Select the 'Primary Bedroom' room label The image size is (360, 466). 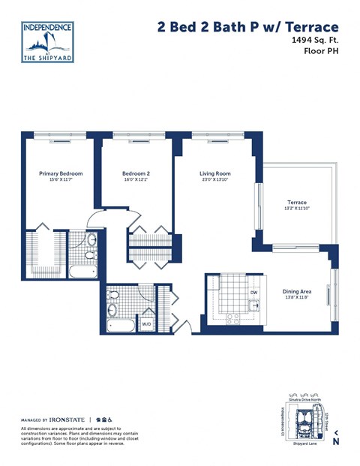point(61,173)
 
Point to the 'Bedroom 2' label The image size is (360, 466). point(136,173)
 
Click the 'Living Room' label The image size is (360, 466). point(214,173)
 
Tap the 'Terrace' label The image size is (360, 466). point(298,203)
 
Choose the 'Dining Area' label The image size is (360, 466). point(295,291)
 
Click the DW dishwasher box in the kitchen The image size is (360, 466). point(253,292)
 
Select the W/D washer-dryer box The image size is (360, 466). point(146,324)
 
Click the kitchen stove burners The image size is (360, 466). point(232,317)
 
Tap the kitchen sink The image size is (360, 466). point(255,305)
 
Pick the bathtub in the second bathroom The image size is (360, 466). point(119,326)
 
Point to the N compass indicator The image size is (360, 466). point(337,441)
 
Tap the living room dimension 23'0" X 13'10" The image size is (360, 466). point(214,180)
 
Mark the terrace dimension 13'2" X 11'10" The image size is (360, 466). point(298,209)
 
